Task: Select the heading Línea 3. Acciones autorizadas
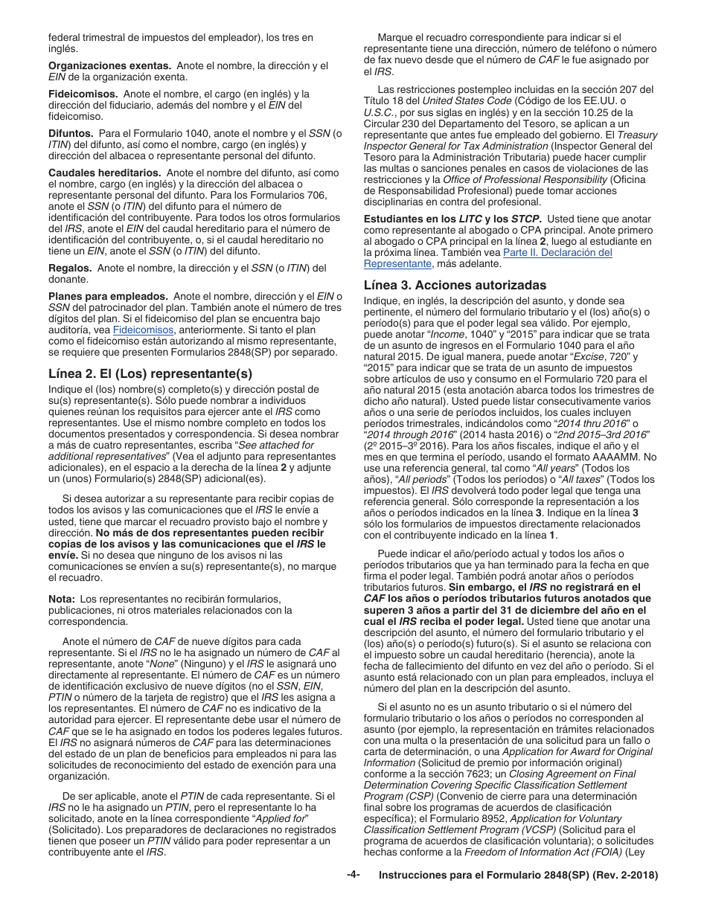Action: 455,285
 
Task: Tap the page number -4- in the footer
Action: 353,875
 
